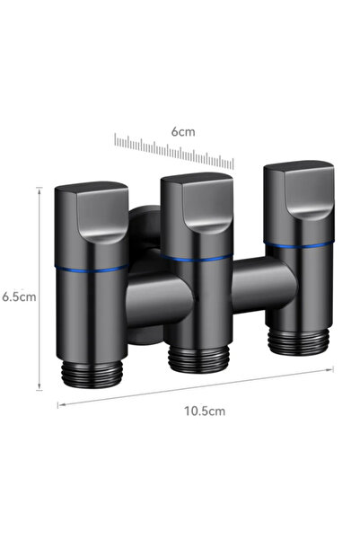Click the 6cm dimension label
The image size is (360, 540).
183,131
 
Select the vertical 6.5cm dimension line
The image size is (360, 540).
40,288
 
